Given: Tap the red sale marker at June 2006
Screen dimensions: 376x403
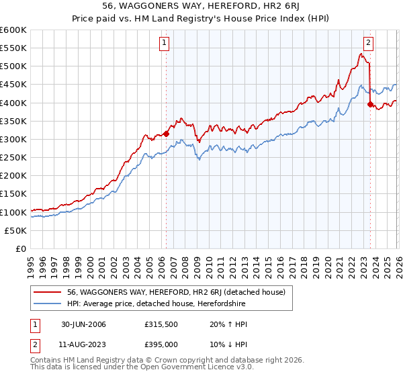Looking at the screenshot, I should tap(166, 134).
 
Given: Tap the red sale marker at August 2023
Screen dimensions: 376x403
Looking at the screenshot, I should tap(370, 104).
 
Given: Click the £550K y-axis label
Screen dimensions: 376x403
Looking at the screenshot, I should tap(14, 48).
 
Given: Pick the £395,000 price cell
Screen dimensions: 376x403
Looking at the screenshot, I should tap(161, 343).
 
